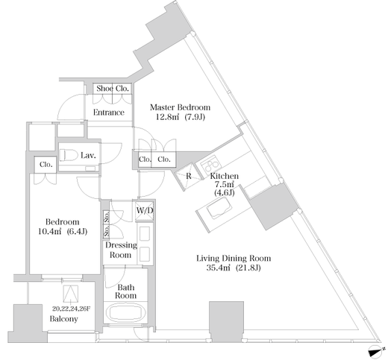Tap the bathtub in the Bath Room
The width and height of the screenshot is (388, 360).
tap(125, 312)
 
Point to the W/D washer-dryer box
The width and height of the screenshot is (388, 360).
tap(144, 211)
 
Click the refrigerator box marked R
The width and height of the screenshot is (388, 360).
tap(188, 176)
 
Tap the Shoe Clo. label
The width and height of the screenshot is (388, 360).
tap(113, 89)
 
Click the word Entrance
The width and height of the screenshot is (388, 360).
tap(109, 113)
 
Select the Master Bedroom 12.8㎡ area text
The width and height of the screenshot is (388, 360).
tap(180, 112)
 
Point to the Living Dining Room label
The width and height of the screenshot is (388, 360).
tap(234, 259)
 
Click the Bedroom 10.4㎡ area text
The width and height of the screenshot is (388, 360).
tap(63, 227)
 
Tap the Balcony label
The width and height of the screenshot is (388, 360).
tap(63, 319)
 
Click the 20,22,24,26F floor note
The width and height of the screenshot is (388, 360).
tap(71, 309)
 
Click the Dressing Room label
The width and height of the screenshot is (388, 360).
tap(121, 250)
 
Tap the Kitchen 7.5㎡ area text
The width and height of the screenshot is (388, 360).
tap(224, 184)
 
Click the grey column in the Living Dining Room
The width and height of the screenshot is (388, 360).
tap(226, 321)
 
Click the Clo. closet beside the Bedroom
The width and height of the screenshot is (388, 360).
tap(46, 165)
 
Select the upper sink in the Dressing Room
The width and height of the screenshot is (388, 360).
tap(145, 233)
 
